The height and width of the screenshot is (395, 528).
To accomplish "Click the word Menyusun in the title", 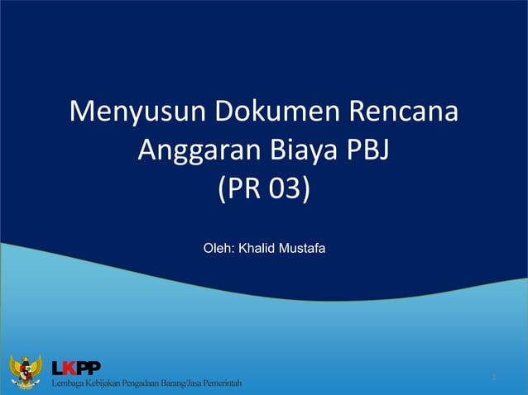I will [x=123, y=112].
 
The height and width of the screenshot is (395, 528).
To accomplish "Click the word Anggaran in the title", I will [x=199, y=151].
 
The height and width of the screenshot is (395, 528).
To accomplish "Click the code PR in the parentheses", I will [x=240, y=190].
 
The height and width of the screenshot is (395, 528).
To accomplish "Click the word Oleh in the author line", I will [x=218, y=247].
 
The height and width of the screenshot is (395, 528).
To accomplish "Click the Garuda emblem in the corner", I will [x=25, y=373].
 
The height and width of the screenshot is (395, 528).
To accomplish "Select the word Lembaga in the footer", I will [x=68, y=386].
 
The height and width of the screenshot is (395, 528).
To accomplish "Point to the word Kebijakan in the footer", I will [x=104, y=386].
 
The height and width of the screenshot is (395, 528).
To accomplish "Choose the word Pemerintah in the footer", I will [x=226, y=386].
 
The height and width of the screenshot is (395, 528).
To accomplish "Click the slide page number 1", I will [x=493, y=378].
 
